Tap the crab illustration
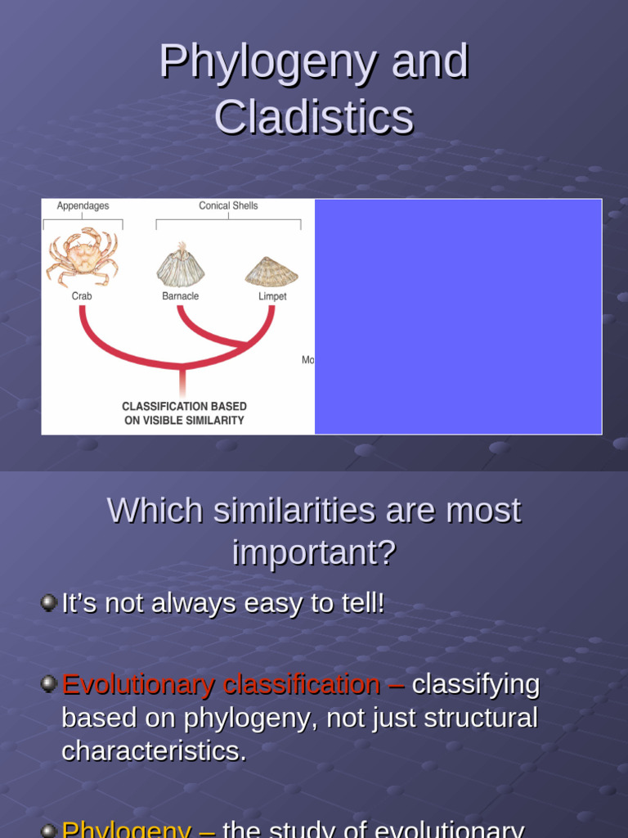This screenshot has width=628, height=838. point(82,256)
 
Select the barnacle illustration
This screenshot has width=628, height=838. point(180,264)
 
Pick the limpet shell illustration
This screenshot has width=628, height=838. point(271,271)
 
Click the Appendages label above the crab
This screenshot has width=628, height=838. point(83,206)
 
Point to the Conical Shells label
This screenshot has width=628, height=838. point(228,206)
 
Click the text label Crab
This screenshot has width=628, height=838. point(82,296)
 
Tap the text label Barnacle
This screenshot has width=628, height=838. point(180,296)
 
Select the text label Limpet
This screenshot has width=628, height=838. point(272,296)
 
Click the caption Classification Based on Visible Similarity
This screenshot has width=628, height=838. point(184,413)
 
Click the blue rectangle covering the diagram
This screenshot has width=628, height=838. point(458,317)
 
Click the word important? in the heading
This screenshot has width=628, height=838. point(314,553)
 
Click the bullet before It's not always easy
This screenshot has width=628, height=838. point(48,603)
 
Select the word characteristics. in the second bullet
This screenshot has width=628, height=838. point(154,751)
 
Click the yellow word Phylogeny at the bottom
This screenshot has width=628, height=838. point(127,828)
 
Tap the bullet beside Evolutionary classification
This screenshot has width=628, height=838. point(48,683)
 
